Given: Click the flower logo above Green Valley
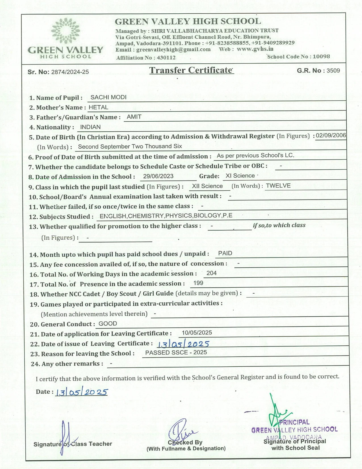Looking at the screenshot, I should click(x=65, y=30).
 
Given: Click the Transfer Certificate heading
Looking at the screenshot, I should click(x=191, y=70).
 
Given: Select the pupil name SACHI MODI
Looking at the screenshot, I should click(x=108, y=97).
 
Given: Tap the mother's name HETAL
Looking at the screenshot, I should click(x=98, y=107).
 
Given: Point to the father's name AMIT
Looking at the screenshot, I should click(x=134, y=117).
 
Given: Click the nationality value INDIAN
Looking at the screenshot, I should click(x=90, y=127).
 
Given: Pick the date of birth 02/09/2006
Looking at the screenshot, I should click(x=331, y=135).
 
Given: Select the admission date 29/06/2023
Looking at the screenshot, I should click(x=158, y=176).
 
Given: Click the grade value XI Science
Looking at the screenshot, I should click(x=240, y=176).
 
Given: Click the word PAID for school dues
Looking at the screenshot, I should click(x=225, y=253).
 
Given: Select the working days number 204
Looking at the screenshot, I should click(x=212, y=273).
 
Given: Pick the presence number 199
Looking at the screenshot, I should click(x=198, y=283).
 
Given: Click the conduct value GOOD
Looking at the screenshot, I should click(x=108, y=324).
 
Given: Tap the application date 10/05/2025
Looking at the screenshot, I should click(x=197, y=333).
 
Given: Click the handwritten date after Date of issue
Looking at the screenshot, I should click(x=183, y=344).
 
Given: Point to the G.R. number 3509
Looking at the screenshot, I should click(x=333, y=70).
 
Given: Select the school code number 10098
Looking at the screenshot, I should click(x=321, y=56).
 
